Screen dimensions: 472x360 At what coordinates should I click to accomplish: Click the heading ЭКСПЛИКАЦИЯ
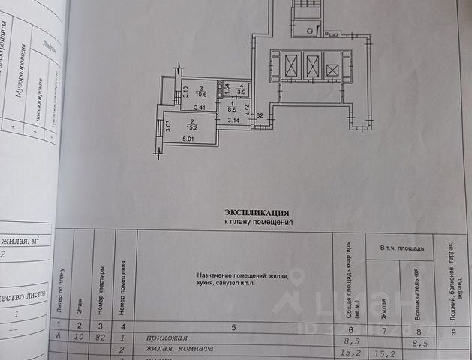tap(257, 212)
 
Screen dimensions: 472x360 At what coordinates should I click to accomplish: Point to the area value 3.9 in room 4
tap(241, 91)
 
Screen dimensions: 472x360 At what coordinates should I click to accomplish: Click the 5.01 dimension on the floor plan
tap(188, 138)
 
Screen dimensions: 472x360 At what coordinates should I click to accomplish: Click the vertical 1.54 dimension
tap(226, 88)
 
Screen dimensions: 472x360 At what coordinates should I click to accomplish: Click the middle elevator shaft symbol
tap(311, 66)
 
